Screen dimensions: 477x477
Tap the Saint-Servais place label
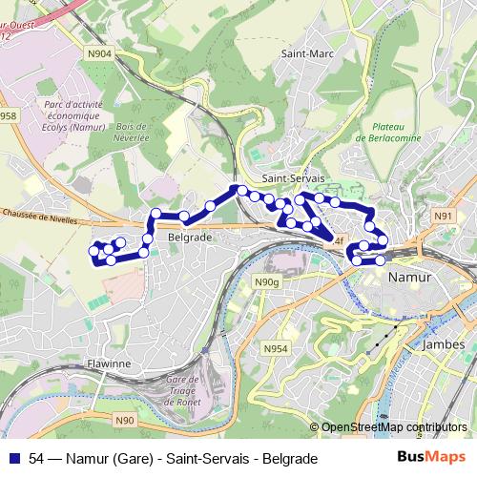pyautogui.click(x=293, y=178)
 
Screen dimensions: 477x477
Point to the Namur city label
pyautogui.click(x=410, y=276)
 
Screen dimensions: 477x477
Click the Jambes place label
pyautogui.click(x=442, y=344)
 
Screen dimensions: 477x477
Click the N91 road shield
pyautogui.click(x=442, y=217)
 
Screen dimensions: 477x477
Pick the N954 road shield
pyautogui.click(x=275, y=348)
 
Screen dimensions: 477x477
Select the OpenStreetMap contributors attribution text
pyautogui.click(x=394, y=427)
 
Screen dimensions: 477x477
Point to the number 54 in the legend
pyautogui.click(x=36, y=459)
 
